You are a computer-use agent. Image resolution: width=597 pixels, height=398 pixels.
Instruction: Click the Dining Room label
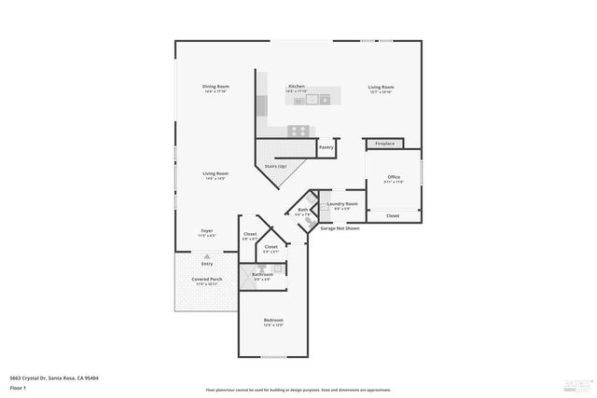point(215,87)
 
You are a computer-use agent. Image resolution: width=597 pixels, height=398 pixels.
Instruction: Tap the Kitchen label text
point(296,86)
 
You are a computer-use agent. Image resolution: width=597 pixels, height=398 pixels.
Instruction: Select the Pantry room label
point(326,147)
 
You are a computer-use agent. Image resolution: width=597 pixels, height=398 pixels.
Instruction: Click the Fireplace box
point(384,144)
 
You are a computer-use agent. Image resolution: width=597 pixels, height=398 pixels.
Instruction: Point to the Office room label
point(394,177)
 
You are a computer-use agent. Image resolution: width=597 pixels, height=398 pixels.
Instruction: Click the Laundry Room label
point(340,203)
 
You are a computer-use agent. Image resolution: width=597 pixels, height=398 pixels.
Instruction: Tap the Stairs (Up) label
point(275,166)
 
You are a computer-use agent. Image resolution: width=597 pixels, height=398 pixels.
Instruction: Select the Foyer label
point(207,230)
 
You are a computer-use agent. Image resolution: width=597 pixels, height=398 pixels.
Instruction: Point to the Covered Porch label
point(206,279)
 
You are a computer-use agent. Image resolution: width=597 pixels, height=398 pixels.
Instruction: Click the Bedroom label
point(273,320)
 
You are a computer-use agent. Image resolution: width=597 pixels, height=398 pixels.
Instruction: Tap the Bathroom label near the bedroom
point(262,274)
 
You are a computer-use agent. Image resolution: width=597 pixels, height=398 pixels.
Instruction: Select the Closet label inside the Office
point(393,215)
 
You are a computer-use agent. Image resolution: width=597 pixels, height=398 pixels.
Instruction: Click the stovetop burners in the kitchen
point(298,130)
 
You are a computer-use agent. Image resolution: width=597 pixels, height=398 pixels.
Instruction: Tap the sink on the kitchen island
point(312,99)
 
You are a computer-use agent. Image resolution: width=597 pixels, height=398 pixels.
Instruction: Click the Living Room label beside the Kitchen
point(380,87)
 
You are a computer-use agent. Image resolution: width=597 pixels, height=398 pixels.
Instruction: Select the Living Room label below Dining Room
point(215,173)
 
